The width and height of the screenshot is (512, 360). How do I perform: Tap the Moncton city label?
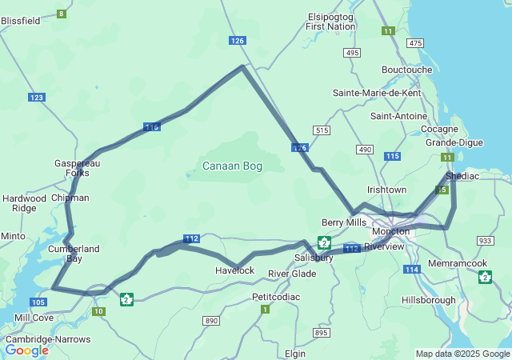pos(390,231)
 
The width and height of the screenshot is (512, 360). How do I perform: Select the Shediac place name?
pos(463,175)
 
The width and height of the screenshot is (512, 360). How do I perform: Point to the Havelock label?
pos(234,270)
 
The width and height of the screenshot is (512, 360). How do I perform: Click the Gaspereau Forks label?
pos(77,168)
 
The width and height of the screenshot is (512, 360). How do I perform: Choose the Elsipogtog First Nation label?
pos(330,21)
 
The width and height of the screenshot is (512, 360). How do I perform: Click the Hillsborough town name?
pos(430,300)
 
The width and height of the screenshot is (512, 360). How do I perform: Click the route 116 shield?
pos(152,127)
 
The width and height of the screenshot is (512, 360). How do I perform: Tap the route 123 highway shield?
pos(36,98)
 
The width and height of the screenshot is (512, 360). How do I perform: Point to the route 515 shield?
pos(322,130)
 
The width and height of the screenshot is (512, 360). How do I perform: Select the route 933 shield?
pos(485,241)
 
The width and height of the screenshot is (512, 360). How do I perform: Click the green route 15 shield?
pos(442,190)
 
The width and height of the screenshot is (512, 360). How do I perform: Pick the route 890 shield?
pos(210,321)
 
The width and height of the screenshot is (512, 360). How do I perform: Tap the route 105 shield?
pos(38,302)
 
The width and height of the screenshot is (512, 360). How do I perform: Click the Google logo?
pos(26,350)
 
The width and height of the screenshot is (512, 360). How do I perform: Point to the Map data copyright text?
pos(462,354)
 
